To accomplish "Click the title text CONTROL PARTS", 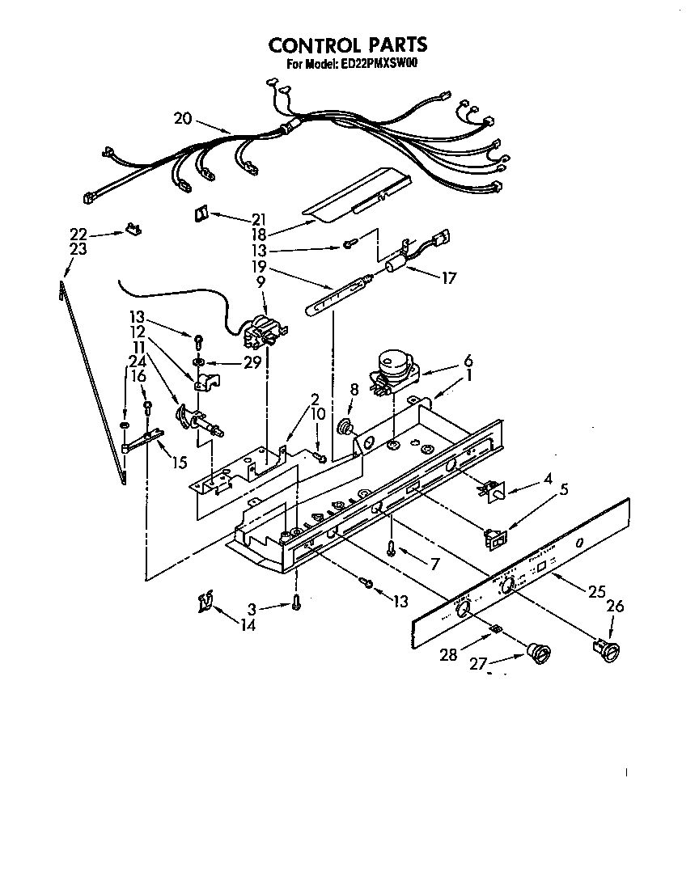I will (x=348, y=45).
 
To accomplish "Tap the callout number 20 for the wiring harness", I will (x=183, y=118).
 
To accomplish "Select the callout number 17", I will (x=448, y=278).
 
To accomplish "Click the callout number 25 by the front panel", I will (x=597, y=592).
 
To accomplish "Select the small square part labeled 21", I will (x=201, y=214).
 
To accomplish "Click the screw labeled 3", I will (x=297, y=603).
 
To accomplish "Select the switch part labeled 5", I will (x=494, y=536).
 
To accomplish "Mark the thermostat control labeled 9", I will (x=261, y=330).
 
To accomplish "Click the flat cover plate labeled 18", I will (x=356, y=194).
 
